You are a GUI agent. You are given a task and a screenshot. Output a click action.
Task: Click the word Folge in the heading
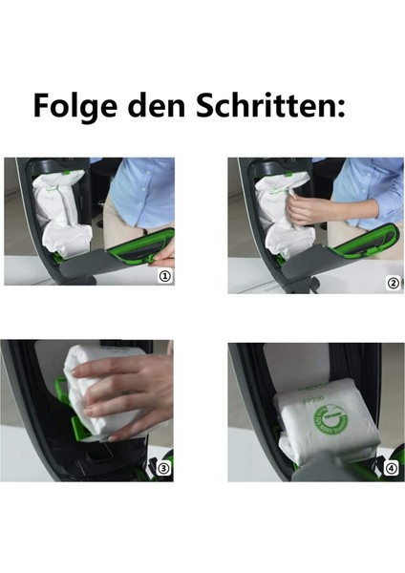(x=76, y=105)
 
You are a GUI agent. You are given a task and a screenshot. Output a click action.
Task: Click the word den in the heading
(x=163, y=105)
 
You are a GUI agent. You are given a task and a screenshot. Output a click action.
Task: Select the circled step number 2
(x=391, y=283)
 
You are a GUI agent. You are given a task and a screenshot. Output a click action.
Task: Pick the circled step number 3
(x=163, y=469)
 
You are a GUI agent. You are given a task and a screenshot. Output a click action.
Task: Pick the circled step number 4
(x=390, y=469)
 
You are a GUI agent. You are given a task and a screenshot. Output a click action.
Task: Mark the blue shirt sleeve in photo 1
(x=143, y=191)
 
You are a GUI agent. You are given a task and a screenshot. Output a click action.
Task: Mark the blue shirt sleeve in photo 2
(x=368, y=191)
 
